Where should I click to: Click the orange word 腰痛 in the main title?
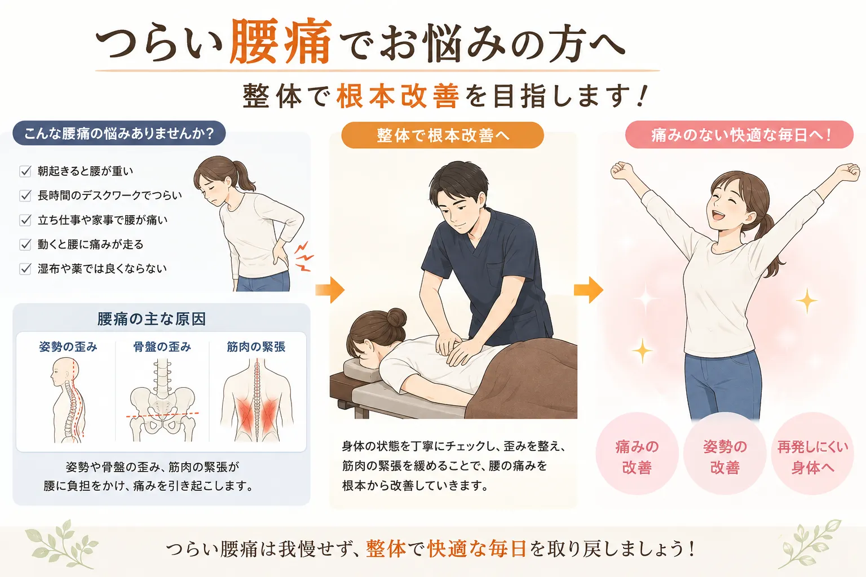point(280,41)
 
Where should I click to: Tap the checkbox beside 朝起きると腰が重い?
point(25,171)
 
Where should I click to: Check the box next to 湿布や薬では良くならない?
point(25,269)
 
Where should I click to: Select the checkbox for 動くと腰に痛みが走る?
point(25,244)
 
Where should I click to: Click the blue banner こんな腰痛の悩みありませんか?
point(119,134)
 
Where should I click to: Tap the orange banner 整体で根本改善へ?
point(443,135)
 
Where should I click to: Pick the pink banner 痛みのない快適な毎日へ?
point(739,135)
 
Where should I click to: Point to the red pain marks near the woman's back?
point(303,256)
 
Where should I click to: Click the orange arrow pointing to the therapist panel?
point(330,290)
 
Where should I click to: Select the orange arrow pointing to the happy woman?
point(589,290)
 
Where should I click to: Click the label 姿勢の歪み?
point(68,347)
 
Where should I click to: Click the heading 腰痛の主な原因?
point(152,319)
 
